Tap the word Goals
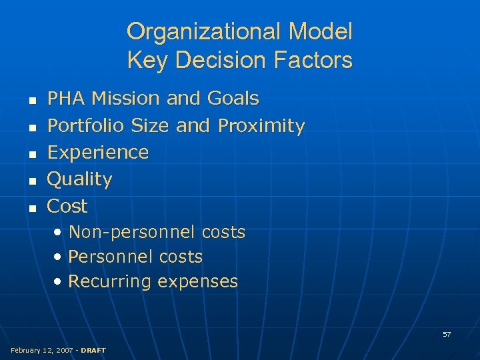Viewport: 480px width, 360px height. (x=233, y=99)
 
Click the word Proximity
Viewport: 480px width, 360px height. (x=261, y=125)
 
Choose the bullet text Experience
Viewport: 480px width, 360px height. (x=98, y=153)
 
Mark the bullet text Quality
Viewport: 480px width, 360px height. (x=79, y=179)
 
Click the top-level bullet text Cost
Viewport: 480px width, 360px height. (x=67, y=206)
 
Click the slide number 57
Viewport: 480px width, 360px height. (x=447, y=334)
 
